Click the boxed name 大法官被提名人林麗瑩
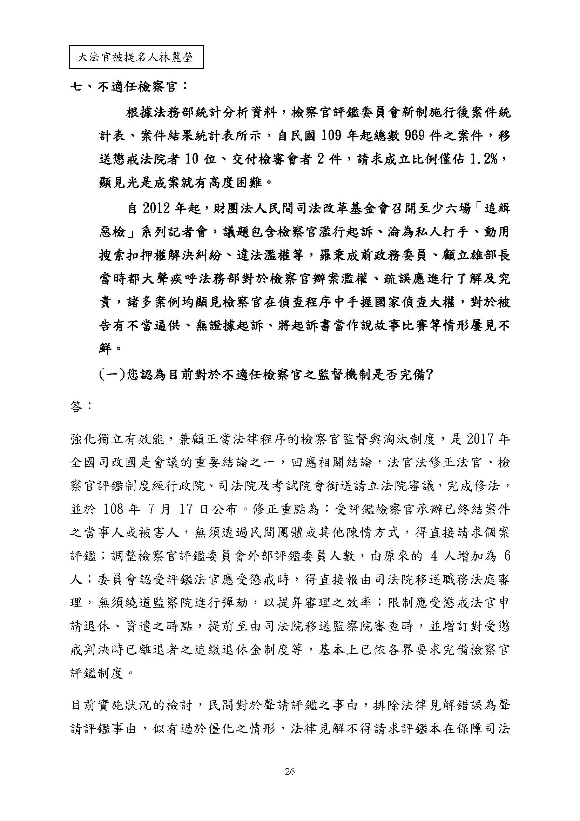click(x=136, y=57)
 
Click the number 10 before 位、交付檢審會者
click(x=195, y=159)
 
